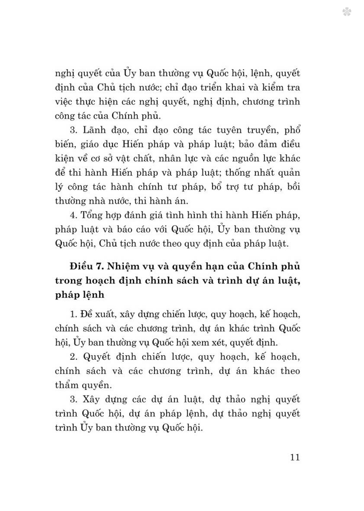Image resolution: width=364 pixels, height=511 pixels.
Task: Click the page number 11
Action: click(x=295, y=457)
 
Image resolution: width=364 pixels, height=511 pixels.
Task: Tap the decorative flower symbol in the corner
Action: click(x=346, y=12)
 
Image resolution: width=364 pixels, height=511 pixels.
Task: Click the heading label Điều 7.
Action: click(x=85, y=266)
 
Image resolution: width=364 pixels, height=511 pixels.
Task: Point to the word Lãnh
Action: click(x=94, y=130)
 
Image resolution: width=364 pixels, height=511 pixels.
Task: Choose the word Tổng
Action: click(x=91, y=215)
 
